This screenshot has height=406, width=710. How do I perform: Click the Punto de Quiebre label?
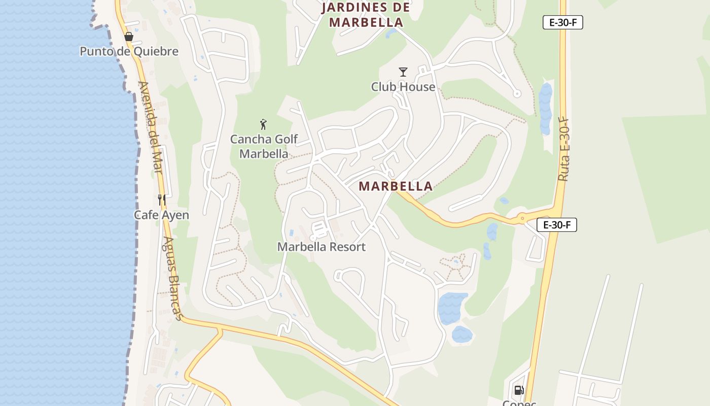pyautogui.click(x=129, y=51)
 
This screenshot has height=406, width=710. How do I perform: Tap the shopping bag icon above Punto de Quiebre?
pyautogui.click(x=129, y=37)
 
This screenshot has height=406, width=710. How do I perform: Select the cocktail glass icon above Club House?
pyautogui.click(x=403, y=72)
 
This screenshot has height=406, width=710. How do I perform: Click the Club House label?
pyautogui.click(x=403, y=87)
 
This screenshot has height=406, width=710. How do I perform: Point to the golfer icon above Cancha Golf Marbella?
pyautogui.click(x=263, y=124)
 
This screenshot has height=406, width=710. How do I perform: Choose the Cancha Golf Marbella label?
pyautogui.click(x=264, y=146)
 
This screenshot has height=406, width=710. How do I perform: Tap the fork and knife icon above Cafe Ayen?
pyautogui.click(x=161, y=200)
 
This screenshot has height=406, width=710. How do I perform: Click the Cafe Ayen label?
pyautogui.click(x=161, y=215)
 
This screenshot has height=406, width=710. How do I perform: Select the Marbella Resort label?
pyautogui.click(x=321, y=247)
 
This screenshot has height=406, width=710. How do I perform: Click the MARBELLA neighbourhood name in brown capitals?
pyautogui.click(x=396, y=186)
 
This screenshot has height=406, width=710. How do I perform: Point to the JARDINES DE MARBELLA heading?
pyautogui.click(x=366, y=15)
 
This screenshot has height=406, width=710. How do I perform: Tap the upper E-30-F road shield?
pyautogui.click(x=562, y=22)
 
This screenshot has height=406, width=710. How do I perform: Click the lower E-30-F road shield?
pyautogui.click(x=556, y=225)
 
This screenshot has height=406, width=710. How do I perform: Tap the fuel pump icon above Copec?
pyautogui.click(x=519, y=390)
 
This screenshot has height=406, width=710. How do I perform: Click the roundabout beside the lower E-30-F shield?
pyautogui.click(x=522, y=219)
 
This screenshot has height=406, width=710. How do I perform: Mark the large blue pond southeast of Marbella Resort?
pyautogui.click(x=452, y=307)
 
